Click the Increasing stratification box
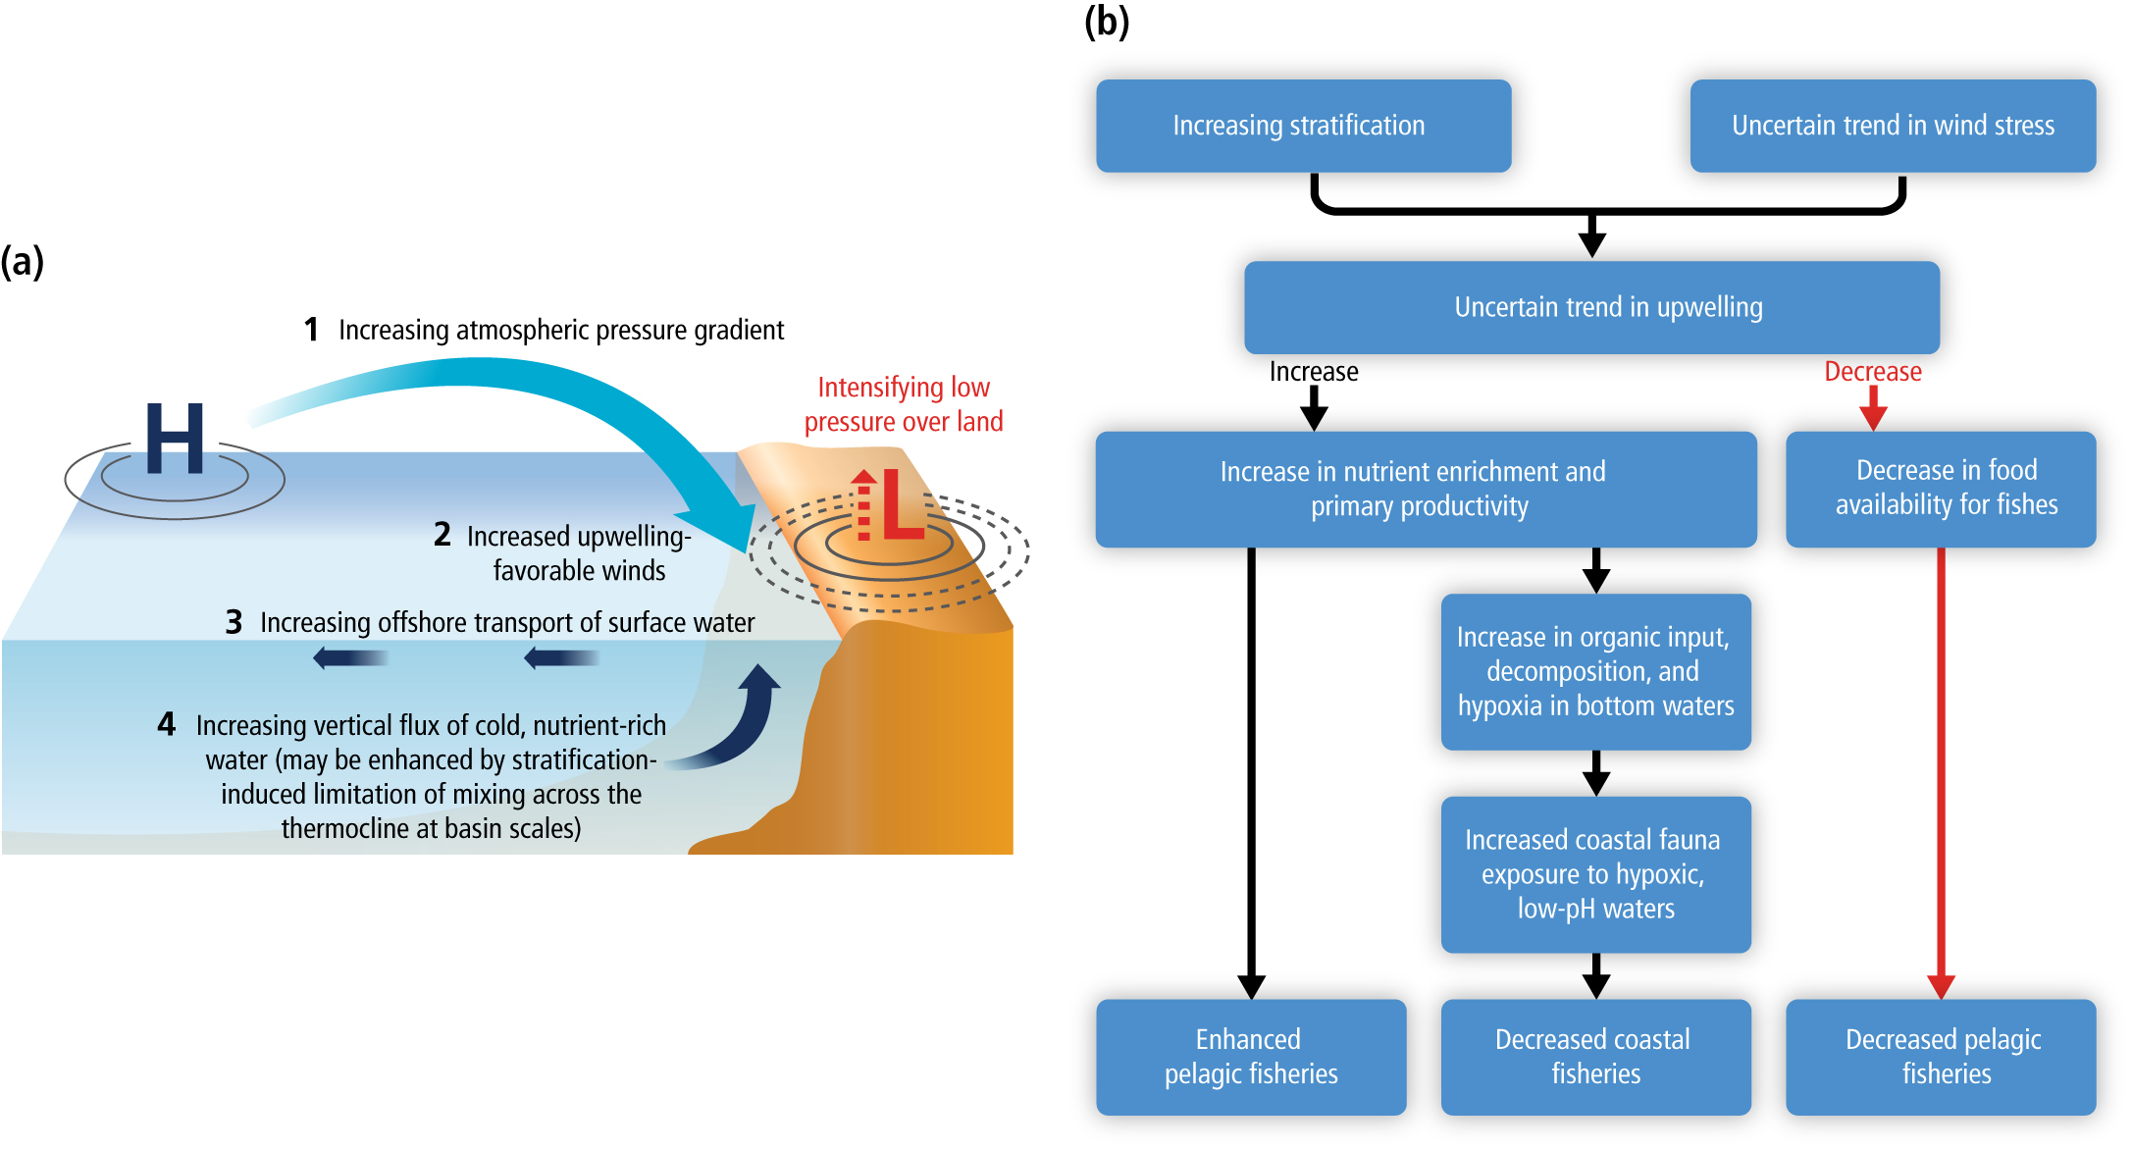click(1303, 126)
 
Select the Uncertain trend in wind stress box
click(1892, 126)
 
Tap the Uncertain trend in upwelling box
click(1591, 307)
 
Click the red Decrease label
click(1872, 372)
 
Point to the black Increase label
click(1313, 372)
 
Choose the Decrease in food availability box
click(1941, 489)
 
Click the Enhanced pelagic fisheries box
click(1251, 1057)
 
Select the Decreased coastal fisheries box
click(1595, 1057)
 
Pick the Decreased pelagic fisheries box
click(1941, 1057)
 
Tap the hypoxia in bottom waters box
click(1595, 672)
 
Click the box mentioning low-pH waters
click(1595, 874)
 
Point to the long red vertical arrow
click(1941, 765)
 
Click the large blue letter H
click(175, 438)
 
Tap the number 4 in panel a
click(166, 724)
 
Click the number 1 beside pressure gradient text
click(311, 330)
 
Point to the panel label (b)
click(1106, 22)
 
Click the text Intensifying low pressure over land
click(903, 404)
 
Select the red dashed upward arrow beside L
click(863, 506)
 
